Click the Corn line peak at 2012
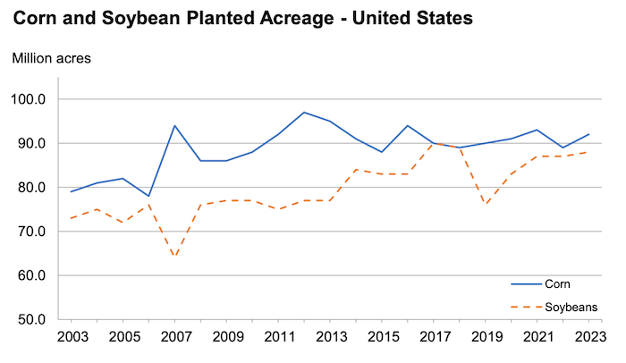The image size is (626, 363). point(305,113)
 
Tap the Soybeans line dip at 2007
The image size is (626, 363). point(174,257)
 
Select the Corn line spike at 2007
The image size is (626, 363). point(174,126)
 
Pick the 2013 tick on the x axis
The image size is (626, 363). point(331,338)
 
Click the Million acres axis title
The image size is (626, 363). point(52,59)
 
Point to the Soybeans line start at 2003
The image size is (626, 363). point(71,218)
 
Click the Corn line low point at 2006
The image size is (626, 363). point(148,196)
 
